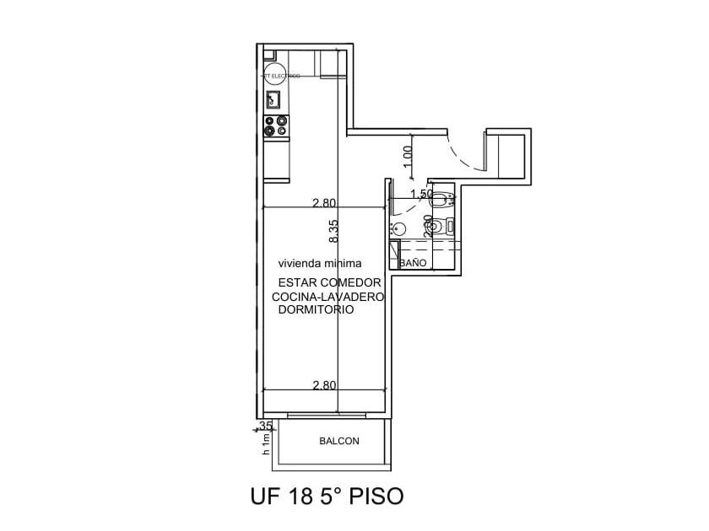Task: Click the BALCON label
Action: tap(339, 441)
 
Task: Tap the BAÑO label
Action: tap(413, 263)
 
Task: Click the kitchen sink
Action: tap(274, 99)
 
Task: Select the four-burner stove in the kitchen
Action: tap(274, 126)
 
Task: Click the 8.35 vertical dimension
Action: tap(334, 232)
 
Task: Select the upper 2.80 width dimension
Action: tap(324, 203)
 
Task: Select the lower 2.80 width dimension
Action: tap(324, 385)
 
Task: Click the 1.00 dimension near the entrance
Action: tap(409, 156)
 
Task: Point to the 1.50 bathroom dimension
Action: tap(420, 195)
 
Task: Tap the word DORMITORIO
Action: tap(316, 310)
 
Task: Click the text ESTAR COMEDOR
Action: tap(328, 283)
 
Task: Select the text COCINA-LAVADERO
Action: tap(328, 297)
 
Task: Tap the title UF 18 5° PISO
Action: tap(326, 496)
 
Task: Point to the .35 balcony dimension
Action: tap(265, 426)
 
